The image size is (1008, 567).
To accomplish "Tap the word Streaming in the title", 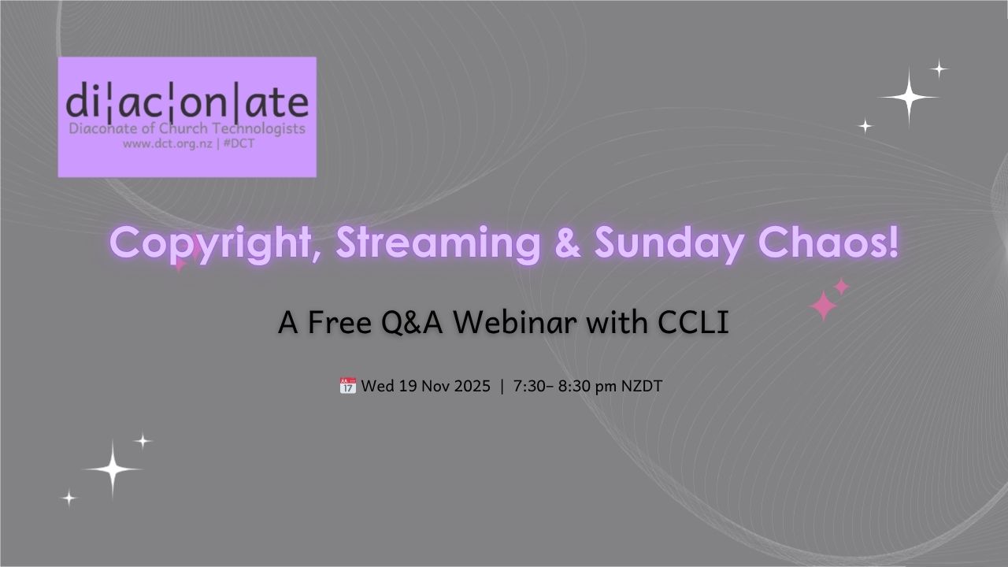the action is (x=438, y=244).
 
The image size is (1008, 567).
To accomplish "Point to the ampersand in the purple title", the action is (x=568, y=243).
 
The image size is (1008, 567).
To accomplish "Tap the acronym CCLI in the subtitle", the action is (x=693, y=323).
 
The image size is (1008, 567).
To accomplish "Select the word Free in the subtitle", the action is (x=339, y=323).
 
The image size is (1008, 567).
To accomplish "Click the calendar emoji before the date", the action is (x=348, y=386).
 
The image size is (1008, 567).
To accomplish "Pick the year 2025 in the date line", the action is (x=472, y=386).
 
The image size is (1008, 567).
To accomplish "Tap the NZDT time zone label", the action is (x=642, y=386).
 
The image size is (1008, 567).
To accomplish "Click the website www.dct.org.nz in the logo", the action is (x=168, y=144).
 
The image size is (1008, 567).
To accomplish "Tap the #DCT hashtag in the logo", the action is (x=239, y=143).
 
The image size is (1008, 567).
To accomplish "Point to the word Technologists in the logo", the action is (x=259, y=128).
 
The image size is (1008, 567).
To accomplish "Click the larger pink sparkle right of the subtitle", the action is (x=823, y=306).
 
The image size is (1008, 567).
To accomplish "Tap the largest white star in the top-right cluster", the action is (x=909, y=97).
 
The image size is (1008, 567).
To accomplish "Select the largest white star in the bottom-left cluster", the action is (x=113, y=469).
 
